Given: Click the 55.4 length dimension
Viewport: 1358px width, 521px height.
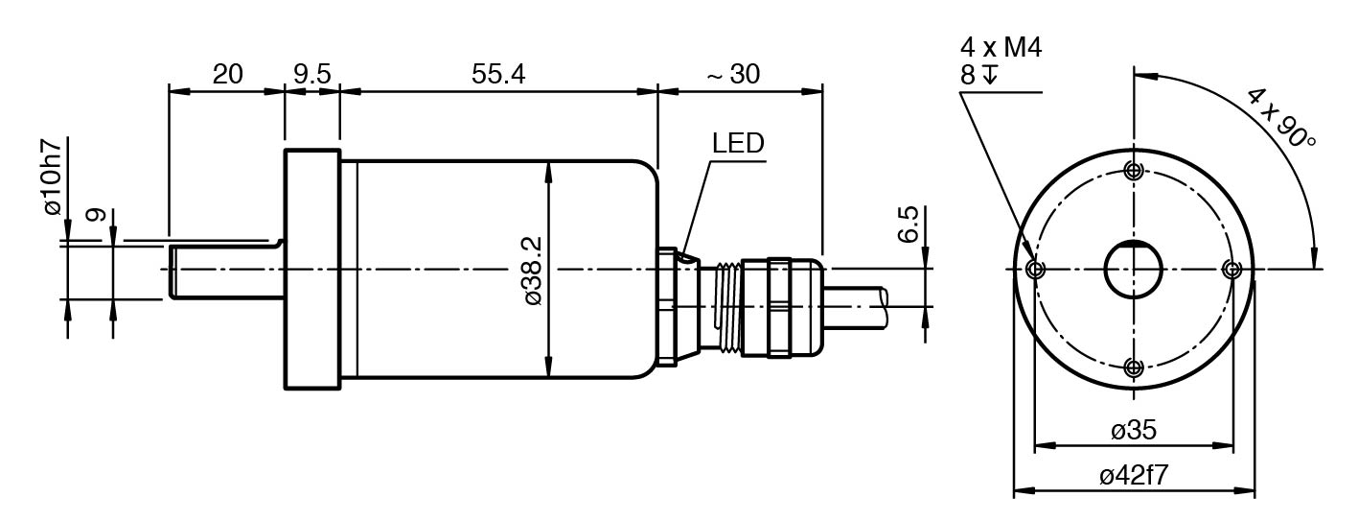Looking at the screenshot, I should pos(497,74).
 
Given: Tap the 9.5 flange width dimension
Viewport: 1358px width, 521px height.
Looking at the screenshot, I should pos(311,74).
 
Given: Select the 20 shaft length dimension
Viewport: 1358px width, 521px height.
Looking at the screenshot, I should pos(227,74).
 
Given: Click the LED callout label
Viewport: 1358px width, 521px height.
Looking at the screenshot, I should pos(737,144).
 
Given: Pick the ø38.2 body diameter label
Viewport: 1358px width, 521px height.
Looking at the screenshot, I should pos(534,271).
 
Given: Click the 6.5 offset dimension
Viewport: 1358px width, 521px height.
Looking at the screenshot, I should pos(908,225).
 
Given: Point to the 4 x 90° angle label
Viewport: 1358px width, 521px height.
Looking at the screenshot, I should pos(1281,117).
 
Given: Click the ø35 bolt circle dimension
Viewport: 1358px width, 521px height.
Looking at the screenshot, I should pos(1133,430).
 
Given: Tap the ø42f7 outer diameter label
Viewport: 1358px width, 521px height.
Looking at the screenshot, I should pos(1133,476).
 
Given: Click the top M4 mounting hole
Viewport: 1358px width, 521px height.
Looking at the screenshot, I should pos(1134,172).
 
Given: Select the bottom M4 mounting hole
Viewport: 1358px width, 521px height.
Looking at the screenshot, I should pos(1134,367).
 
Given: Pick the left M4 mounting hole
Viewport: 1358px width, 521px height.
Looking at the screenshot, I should pos(1034,270).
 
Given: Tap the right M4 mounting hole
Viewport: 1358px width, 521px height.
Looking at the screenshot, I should pos(1232,270).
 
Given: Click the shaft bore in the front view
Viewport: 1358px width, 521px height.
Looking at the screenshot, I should pos(1134,270).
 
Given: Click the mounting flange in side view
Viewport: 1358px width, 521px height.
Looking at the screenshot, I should pos(311,270).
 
